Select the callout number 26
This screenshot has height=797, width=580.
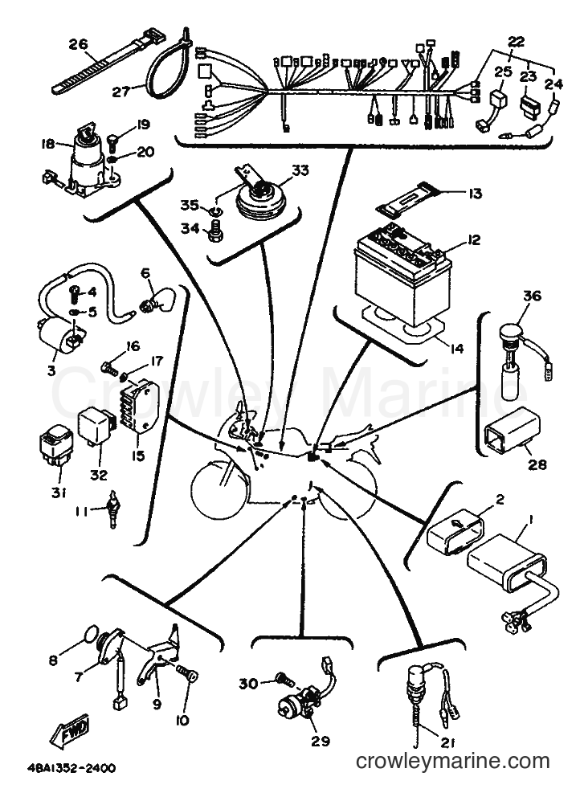(78, 44)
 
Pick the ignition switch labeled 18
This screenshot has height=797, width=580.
(84, 158)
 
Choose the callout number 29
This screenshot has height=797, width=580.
(321, 741)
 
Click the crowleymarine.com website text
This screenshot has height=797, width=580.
(453, 761)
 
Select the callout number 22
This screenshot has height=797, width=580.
(516, 42)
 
